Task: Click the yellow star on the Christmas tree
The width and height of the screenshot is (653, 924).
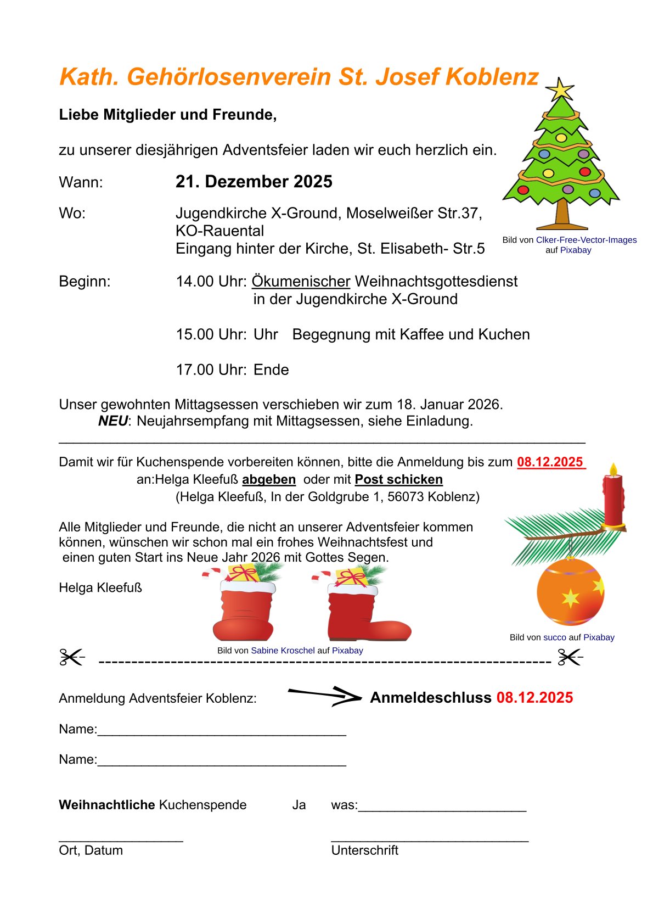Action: click(x=560, y=89)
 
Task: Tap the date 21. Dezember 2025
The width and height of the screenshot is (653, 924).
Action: click(x=254, y=182)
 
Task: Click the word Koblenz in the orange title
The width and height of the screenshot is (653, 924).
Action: click(x=492, y=77)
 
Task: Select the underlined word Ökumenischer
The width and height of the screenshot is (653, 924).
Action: click(x=301, y=282)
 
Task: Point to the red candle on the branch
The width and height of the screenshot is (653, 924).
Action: click(x=613, y=500)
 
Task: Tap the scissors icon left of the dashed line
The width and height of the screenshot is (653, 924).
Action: click(x=72, y=657)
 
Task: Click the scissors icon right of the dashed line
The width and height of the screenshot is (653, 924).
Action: click(x=570, y=657)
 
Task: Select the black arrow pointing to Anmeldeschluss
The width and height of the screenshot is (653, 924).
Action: click(x=324, y=696)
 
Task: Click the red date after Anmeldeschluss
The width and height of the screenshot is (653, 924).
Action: click(x=534, y=698)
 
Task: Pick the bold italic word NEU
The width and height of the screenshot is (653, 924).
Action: click(x=112, y=421)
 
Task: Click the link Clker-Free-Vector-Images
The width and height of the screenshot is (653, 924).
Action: click(x=586, y=240)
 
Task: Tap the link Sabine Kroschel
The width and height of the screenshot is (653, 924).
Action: click(x=283, y=651)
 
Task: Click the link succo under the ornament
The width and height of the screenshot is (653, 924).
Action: click(x=554, y=637)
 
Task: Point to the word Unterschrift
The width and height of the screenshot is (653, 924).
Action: click(x=364, y=850)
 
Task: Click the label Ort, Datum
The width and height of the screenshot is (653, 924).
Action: click(x=91, y=850)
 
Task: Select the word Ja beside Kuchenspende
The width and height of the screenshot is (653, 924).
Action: click(x=299, y=805)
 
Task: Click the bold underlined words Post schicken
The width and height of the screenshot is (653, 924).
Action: click(x=398, y=479)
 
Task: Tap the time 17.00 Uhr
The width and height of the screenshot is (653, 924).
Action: click(x=211, y=370)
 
